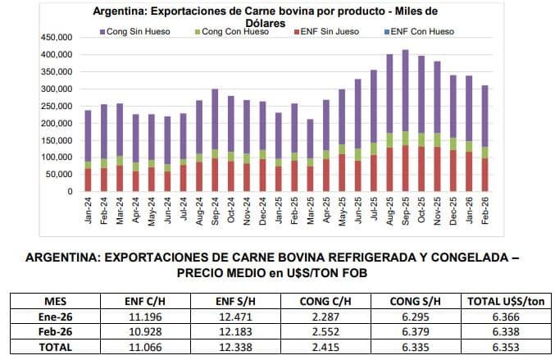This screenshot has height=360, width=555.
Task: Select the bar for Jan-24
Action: [88, 151]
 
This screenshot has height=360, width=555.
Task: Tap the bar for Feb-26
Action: [484, 139]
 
